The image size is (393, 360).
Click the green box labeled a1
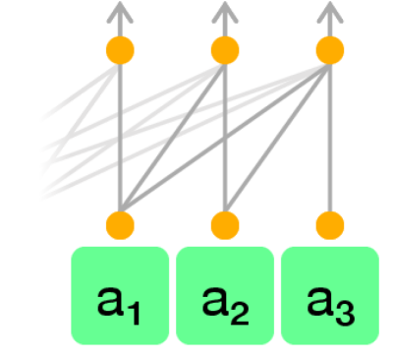(x=120, y=295)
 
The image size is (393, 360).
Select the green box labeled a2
(x=225, y=295)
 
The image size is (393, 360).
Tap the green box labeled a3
(x=330, y=295)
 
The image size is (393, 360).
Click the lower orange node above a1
(x=120, y=223)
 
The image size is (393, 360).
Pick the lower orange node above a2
(x=225, y=223)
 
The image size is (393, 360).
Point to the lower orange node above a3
(x=330, y=223)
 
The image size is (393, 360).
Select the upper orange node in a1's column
(x=120, y=49)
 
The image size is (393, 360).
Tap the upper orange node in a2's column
(x=225, y=49)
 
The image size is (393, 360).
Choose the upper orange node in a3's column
(x=330, y=49)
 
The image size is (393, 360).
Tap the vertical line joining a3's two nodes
(x=330, y=138)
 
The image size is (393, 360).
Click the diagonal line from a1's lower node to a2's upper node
(x=173, y=136)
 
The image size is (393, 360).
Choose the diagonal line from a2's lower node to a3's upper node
(x=278, y=136)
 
